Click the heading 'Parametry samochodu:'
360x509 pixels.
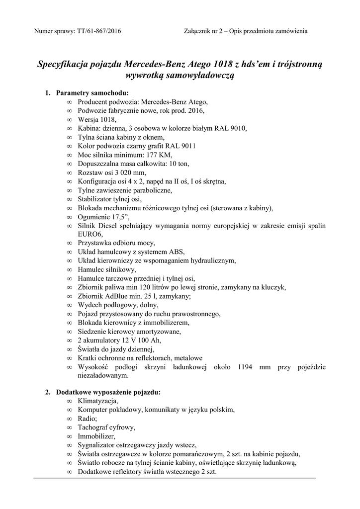92,93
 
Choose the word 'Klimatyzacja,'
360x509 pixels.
98,401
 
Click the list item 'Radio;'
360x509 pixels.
88,419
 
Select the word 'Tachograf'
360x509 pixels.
93,427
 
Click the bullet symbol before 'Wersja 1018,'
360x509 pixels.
69,119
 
